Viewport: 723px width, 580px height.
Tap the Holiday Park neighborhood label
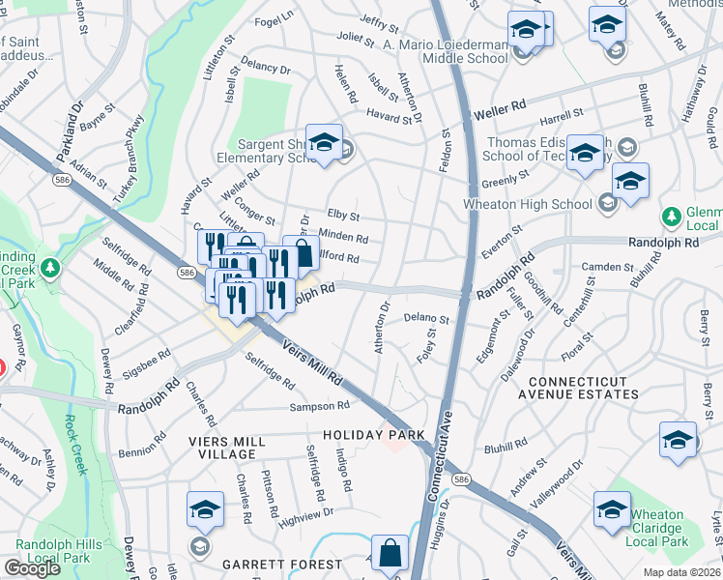coord(374,436)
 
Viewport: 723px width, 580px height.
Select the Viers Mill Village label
coord(227,448)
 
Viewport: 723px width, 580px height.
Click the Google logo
coord(32,568)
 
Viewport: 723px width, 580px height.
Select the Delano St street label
coord(426,318)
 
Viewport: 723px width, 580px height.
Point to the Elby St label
coord(343,216)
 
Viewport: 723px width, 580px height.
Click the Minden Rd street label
coord(348,238)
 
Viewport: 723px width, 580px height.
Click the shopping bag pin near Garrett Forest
coord(389,556)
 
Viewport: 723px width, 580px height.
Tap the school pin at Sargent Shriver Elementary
coord(324,143)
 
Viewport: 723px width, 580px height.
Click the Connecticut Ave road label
coord(444,445)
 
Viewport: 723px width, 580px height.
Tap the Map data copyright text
coord(680,571)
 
